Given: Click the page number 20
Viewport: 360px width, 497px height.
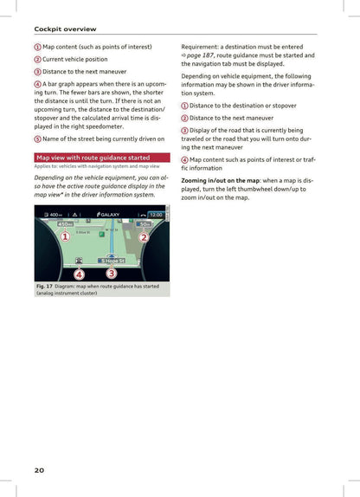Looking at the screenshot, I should pos(39,469).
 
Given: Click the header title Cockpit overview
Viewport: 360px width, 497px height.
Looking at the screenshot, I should pos(65,29).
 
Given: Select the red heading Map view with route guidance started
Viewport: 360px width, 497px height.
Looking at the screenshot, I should pos(93,158).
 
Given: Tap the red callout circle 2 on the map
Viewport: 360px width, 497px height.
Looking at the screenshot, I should pos(144,238).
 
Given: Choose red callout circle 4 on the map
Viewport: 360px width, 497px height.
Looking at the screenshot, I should pos(78,274).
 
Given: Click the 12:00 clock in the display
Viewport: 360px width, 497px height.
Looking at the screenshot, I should pos(156,215).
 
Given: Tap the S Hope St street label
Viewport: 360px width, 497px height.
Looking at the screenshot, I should pos(112,260).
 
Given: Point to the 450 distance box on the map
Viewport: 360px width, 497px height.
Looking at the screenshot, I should pos(66,224).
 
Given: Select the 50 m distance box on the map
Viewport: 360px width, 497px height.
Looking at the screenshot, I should pos(146,224).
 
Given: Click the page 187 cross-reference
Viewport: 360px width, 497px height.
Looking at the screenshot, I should pos(201,55).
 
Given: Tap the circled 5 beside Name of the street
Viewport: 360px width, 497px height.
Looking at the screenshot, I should pos(37,138).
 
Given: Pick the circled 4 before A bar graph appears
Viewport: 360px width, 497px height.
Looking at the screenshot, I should pos(37,83).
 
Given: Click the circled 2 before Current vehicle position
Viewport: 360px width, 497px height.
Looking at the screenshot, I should pos(37,58).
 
